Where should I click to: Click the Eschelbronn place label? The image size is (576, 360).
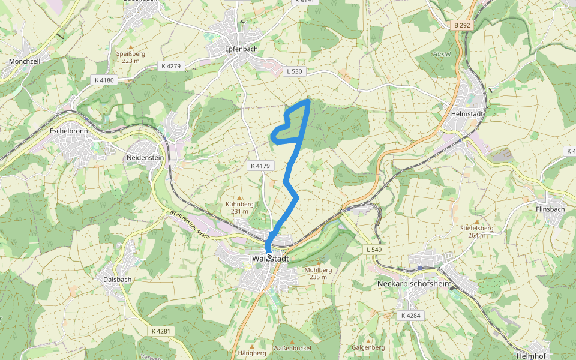pos(69,130)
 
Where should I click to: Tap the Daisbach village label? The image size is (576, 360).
pos(117,279)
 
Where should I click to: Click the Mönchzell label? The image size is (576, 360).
pos(25,61)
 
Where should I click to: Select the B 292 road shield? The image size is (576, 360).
pos(462,25)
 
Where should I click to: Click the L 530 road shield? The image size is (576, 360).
pos(295,71)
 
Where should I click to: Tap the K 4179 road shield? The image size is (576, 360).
pos(261,165)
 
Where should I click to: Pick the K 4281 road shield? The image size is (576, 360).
pos(161,331)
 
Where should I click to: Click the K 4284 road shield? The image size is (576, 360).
pos(410,316)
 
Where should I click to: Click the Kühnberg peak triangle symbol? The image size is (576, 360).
pos(239,197)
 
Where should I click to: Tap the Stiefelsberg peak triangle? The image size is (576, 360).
pos(476,221)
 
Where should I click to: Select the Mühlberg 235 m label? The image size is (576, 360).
pos(318,273)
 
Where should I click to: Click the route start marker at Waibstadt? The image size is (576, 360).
pos(269,257)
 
